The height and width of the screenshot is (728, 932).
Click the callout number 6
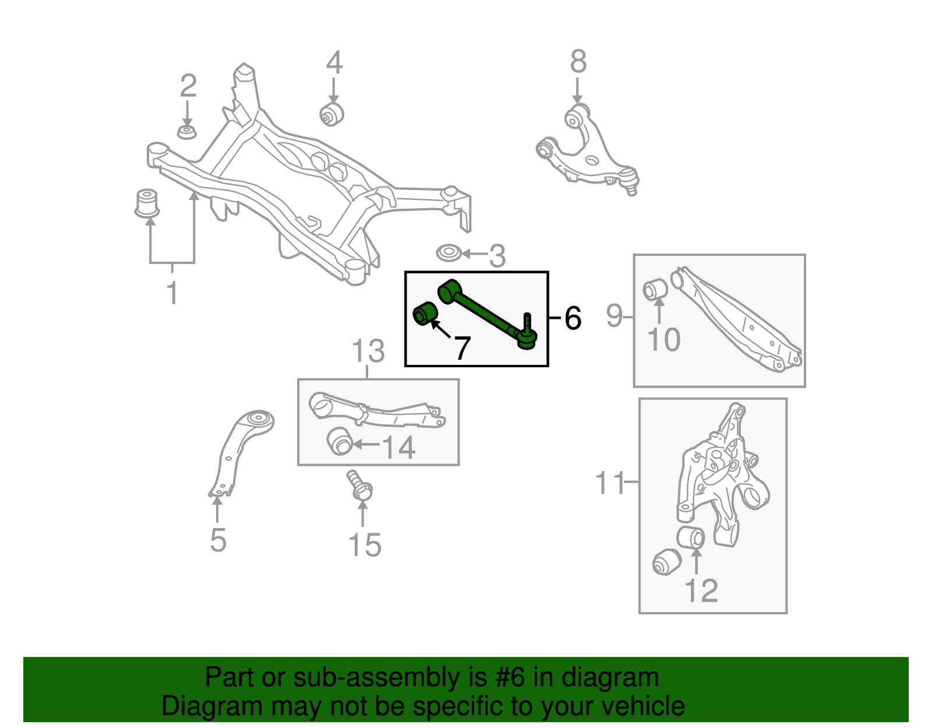click(x=573, y=318)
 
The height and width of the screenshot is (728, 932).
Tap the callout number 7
click(x=462, y=348)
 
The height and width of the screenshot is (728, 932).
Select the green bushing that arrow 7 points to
click(x=425, y=314)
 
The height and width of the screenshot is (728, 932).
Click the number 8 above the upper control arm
click(x=578, y=61)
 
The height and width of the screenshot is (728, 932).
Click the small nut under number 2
click(x=186, y=132)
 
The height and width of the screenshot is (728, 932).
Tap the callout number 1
click(x=172, y=293)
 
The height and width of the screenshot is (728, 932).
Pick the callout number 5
click(x=218, y=540)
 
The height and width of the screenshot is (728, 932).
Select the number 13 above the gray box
click(x=368, y=351)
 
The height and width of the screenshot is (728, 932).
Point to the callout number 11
click(x=610, y=483)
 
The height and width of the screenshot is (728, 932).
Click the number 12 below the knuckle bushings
click(x=701, y=590)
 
